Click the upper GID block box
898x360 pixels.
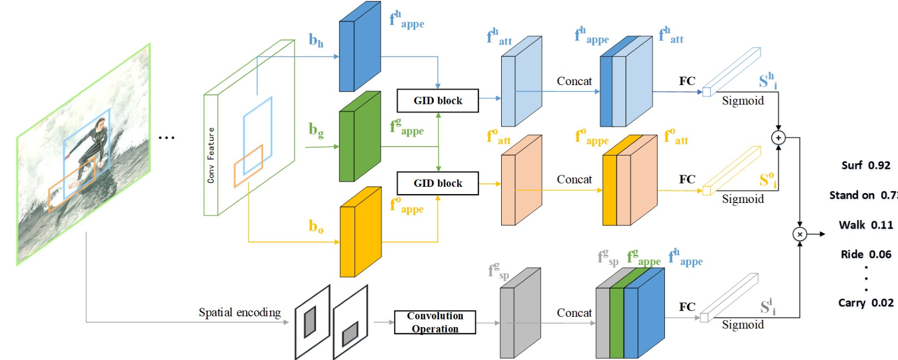coord(438,101)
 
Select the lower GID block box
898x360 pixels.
coord(438,183)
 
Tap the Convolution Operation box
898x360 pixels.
coord(435,322)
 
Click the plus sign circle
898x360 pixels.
coord(778,138)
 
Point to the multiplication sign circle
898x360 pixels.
coord(799,234)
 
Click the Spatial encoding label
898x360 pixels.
coord(239,313)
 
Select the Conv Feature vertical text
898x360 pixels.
coord(211,155)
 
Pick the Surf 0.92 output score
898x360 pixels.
coord(866,165)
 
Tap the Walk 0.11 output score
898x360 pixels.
coord(866,225)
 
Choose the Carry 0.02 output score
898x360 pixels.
coord(866,303)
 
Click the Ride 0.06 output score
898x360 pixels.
coord(866,255)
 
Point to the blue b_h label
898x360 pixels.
coord(316,40)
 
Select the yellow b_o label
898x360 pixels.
coord(316,226)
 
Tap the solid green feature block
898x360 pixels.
coord(360,137)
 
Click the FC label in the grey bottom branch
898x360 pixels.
coord(687,307)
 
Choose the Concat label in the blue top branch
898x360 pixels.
coord(574,81)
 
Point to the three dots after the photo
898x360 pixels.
coord(166,138)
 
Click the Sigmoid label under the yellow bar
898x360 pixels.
coord(743,199)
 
